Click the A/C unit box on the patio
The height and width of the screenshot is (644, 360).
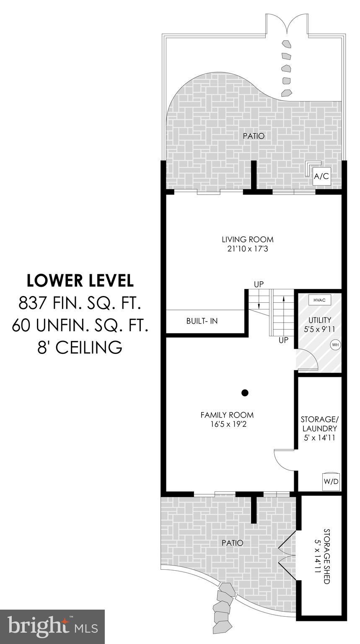[x=321, y=176]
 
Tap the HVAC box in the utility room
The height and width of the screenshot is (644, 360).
[x=319, y=300]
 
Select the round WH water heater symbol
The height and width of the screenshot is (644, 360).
[x=335, y=344]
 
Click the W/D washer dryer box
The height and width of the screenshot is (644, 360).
[x=331, y=481]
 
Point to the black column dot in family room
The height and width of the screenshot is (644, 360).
[x=245, y=393]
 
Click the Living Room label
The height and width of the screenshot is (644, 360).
[x=247, y=239]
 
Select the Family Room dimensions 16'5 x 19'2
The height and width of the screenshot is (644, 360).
[x=228, y=424]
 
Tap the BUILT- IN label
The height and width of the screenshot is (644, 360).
[x=202, y=321]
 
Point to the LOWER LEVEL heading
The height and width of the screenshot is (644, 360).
[x=80, y=280]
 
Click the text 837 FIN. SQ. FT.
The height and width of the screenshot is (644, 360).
[x=80, y=303]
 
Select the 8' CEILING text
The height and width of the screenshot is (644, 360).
[x=80, y=347]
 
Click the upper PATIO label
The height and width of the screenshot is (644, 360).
[x=254, y=136]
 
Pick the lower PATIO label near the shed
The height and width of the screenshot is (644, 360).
[x=233, y=543]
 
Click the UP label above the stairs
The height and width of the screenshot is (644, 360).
[x=259, y=284]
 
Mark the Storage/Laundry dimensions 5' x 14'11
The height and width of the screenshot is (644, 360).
[x=319, y=438]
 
